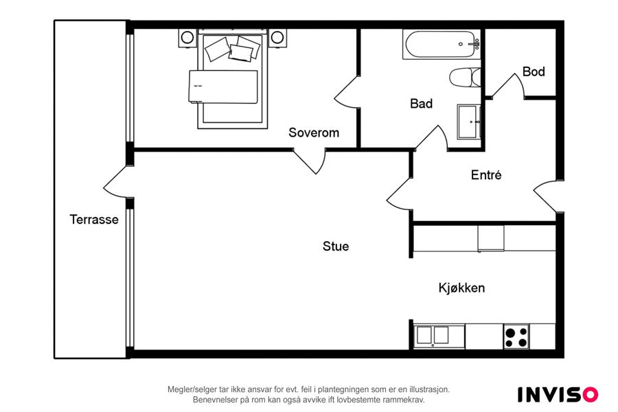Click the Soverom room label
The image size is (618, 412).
[x=314, y=133]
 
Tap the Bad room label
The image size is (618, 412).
[x=422, y=104]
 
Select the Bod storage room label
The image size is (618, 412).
[x=534, y=71]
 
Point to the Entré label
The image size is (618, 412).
[x=486, y=174]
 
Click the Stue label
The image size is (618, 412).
[x=336, y=247]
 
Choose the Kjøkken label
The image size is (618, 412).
[x=461, y=288]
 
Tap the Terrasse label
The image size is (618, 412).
[x=94, y=220]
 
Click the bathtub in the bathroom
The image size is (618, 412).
[x=442, y=45]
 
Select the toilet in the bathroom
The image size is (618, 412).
[x=465, y=78]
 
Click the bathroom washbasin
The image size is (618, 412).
[x=469, y=122]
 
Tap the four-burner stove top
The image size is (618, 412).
[x=516, y=336]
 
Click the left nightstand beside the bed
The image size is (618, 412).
[x=187, y=38]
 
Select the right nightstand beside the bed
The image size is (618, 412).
[x=277, y=38]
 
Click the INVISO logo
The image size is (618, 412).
[x=558, y=394]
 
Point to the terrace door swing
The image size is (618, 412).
[x=114, y=182]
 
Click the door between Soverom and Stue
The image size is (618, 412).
[x=311, y=161]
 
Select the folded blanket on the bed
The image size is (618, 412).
[x=223, y=87]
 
